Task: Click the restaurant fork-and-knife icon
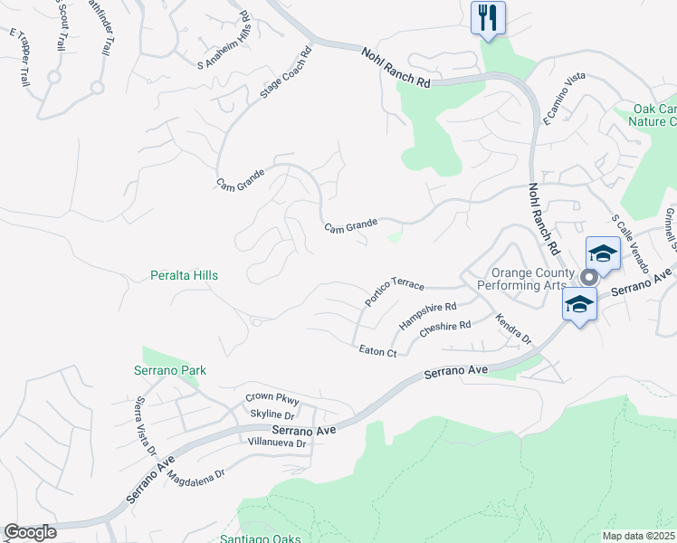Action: (x=488, y=17)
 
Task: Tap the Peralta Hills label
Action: (x=184, y=275)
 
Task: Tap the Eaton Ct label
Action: (x=377, y=351)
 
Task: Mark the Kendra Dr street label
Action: (x=513, y=329)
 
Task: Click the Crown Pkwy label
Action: (x=272, y=399)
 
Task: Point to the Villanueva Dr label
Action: (x=278, y=443)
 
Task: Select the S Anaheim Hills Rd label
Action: (x=223, y=42)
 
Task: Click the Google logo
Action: (x=31, y=532)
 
